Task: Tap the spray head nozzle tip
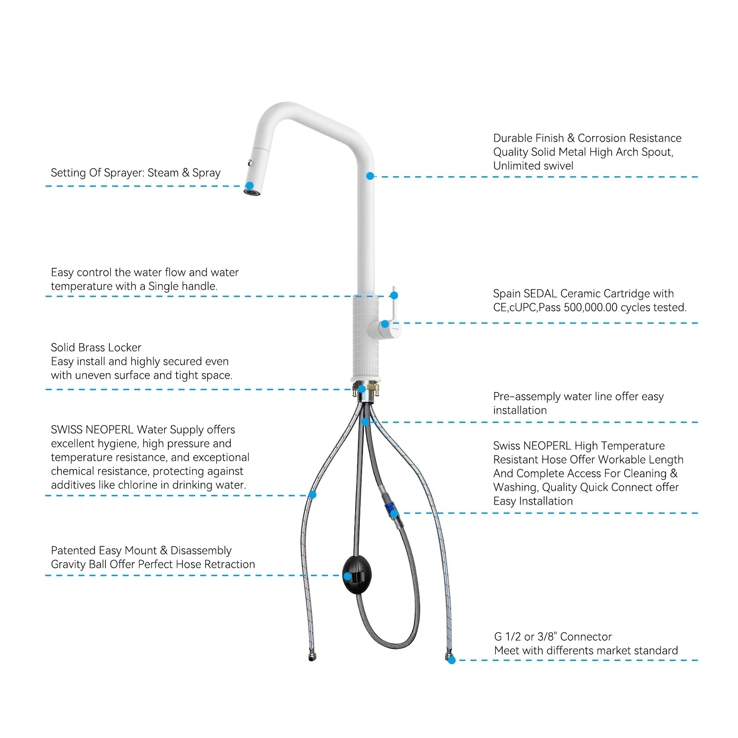pos(252,191)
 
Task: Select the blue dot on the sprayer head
pos(250,186)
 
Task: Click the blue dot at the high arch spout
pos(370,176)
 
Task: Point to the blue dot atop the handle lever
pos(394,295)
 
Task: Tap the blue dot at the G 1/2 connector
pos(452,660)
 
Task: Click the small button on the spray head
pos(250,163)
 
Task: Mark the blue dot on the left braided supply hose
pos(312,495)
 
